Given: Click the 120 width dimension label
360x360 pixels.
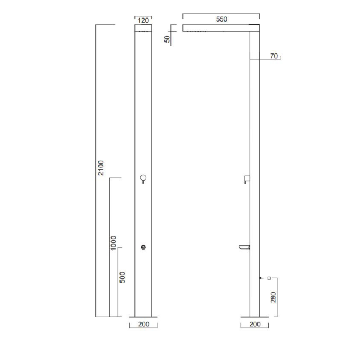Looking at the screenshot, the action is pos(143,20).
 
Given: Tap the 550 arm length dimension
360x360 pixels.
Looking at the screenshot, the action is pos(221,19).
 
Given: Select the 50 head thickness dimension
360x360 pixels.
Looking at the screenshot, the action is pos(167,39).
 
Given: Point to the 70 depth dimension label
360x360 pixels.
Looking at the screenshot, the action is pos(274,56).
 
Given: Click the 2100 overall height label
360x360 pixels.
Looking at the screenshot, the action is pos(101,168).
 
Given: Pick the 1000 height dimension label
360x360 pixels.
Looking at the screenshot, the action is pos(113,243).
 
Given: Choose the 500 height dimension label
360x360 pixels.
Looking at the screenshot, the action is pos(122,277).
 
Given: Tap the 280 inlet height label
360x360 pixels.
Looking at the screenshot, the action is pos(273,298).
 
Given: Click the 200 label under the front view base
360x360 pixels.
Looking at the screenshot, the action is pos(144,324).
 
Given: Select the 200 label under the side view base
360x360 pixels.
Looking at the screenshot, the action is pos(255,324).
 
